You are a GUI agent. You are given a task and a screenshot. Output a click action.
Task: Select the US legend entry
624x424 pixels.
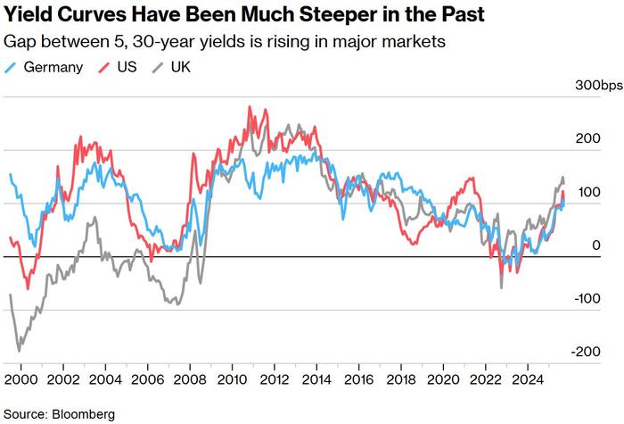click(x=127, y=66)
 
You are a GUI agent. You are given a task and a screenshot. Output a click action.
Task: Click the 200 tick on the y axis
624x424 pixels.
click(x=585, y=139)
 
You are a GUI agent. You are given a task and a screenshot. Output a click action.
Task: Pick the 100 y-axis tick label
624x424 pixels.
click(x=585, y=193)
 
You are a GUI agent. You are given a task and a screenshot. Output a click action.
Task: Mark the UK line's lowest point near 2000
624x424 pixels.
click(x=19, y=351)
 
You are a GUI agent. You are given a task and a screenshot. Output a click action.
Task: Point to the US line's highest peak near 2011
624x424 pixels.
click(x=250, y=107)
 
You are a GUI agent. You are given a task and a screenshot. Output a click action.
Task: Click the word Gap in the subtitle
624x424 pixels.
click(x=19, y=42)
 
